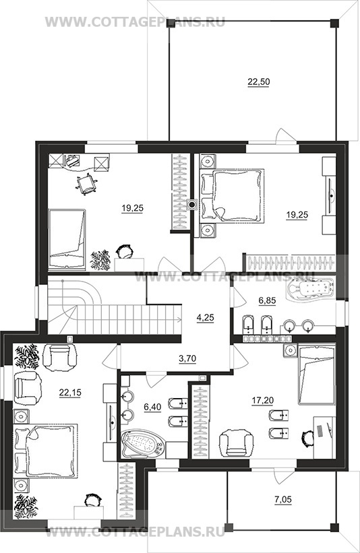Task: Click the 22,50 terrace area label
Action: tap(259, 82)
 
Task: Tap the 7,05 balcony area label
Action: tap(282, 500)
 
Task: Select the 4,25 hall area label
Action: tap(205, 318)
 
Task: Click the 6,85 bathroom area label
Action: tap(267, 301)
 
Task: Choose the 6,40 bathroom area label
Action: tap(152, 408)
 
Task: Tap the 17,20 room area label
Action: tap(263, 400)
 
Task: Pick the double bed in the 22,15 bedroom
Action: tap(45, 451)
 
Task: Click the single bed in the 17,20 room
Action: tap(316, 375)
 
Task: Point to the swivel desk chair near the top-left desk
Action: tap(86, 183)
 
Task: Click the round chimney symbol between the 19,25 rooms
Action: tap(192, 204)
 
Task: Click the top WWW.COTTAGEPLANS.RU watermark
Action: tap(136, 22)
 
